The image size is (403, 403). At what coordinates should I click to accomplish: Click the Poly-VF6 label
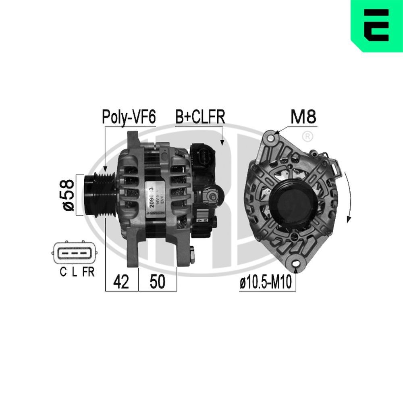129,117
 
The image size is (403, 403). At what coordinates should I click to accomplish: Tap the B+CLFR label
200,117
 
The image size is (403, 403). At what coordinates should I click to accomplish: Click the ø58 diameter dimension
67,195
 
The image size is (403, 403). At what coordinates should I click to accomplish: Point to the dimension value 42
121,283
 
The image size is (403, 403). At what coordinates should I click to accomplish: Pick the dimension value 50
157,283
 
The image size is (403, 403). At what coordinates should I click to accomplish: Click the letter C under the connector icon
63,272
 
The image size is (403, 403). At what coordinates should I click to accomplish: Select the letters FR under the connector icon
88,272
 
